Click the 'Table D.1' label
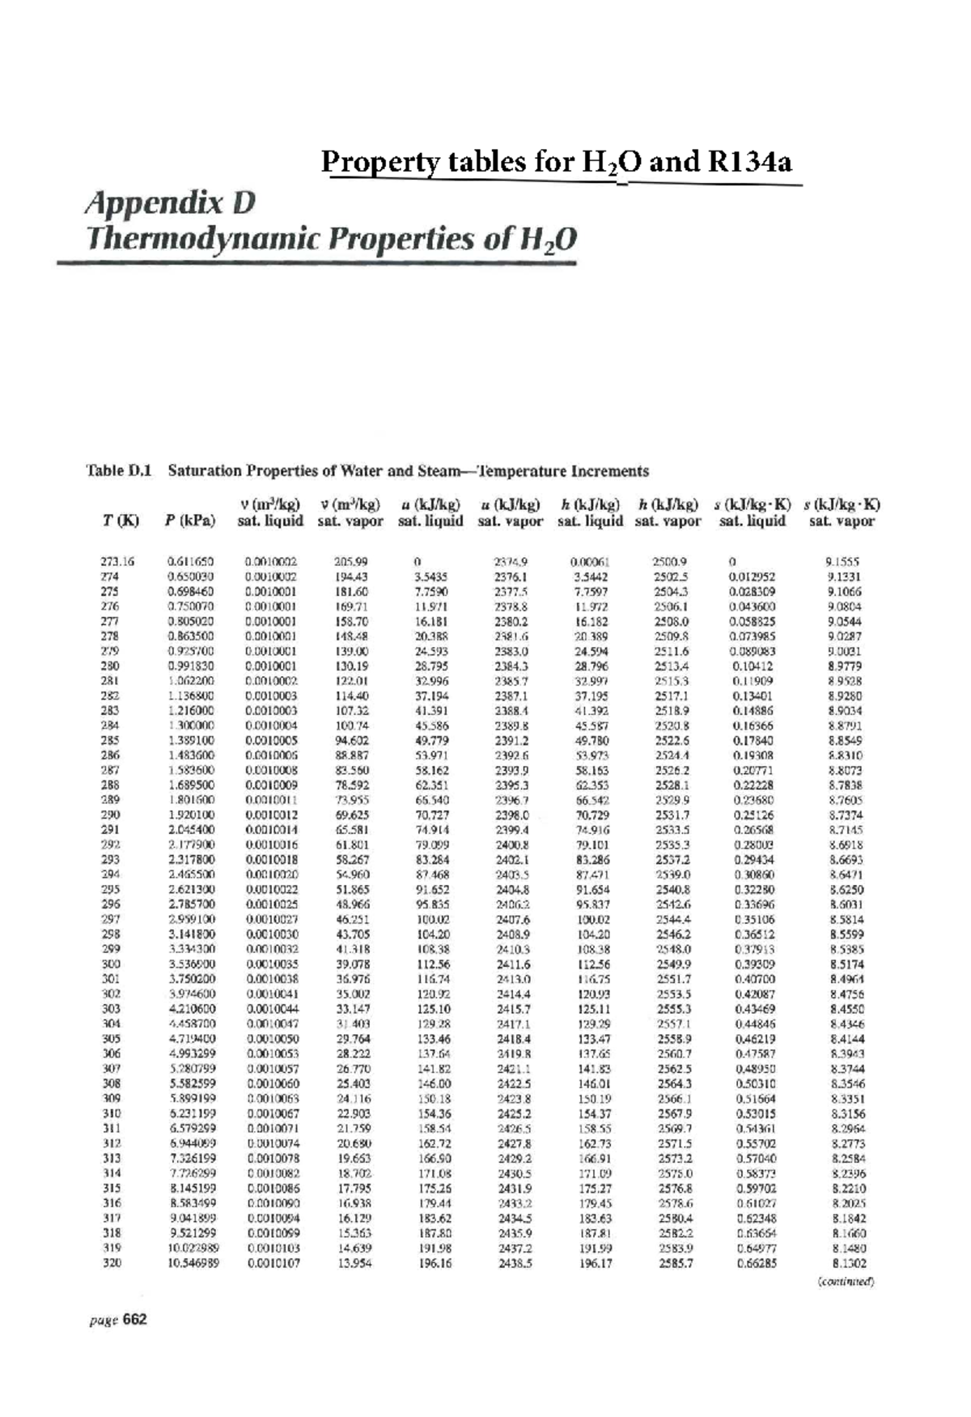tap(118, 470)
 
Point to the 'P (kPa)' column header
tap(190, 521)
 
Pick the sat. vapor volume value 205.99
tap(351, 560)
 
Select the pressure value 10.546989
tap(193, 1263)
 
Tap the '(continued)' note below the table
tap(846, 1281)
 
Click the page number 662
tap(136, 1320)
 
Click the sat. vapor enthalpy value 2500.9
tap(671, 560)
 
